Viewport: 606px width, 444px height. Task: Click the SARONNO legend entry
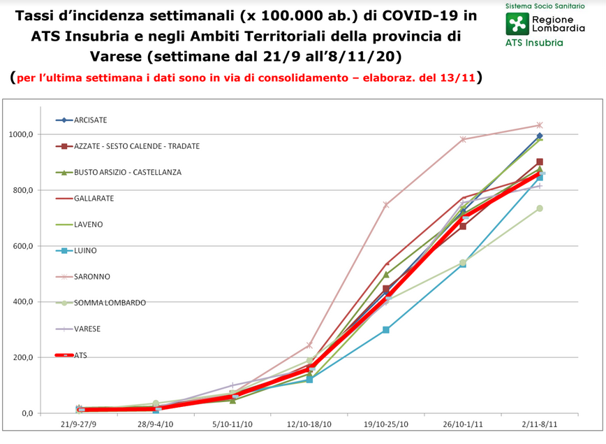pyautogui.click(x=82, y=277)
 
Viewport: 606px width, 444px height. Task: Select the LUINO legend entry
pyautogui.click(x=76, y=251)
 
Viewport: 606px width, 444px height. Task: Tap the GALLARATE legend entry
pyautogui.click(x=84, y=199)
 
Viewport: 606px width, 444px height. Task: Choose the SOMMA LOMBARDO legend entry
pyautogui.click(x=101, y=303)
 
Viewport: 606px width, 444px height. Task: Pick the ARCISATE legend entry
pyautogui.click(x=81, y=120)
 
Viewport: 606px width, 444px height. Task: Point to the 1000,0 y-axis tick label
pyautogui.click(x=21, y=134)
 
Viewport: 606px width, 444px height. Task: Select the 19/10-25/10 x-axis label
pyautogui.click(x=385, y=424)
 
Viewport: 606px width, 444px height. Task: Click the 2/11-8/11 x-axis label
pyautogui.click(x=540, y=424)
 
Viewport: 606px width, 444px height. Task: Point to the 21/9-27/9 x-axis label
pyautogui.click(x=78, y=424)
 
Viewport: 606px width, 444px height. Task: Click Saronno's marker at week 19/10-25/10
pyautogui.click(x=385, y=205)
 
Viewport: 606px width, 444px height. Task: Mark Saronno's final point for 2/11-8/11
pyautogui.click(x=540, y=125)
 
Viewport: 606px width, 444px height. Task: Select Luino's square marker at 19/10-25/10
pyautogui.click(x=385, y=330)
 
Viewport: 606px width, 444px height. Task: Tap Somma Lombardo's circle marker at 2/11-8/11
pyautogui.click(x=540, y=208)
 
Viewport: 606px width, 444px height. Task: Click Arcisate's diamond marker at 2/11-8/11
pyautogui.click(x=540, y=136)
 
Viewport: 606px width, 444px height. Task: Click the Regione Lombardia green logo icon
pyautogui.click(x=517, y=24)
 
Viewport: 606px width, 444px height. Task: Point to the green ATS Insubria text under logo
pyautogui.click(x=534, y=43)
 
